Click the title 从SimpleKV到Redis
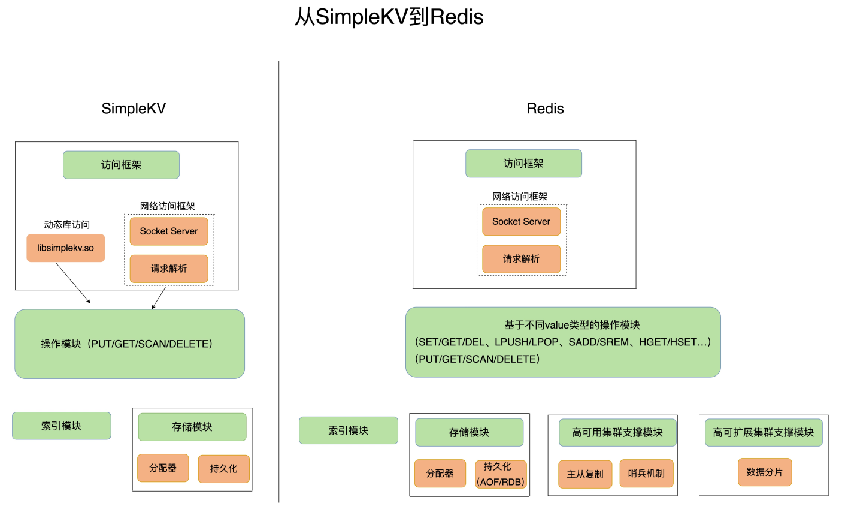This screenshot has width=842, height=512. (x=389, y=17)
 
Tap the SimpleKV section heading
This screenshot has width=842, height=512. (x=134, y=109)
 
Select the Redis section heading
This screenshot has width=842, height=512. (x=545, y=109)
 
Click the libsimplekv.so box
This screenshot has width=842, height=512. (x=65, y=248)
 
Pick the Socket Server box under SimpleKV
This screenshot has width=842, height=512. (x=169, y=231)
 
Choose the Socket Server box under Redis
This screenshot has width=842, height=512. (x=521, y=222)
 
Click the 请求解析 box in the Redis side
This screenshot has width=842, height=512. (x=521, y=259)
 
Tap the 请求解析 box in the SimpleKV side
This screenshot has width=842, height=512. (x=169, y=269)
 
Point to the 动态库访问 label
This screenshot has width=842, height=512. (x=66, y=225)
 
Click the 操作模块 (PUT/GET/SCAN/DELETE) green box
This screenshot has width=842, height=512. (x=129, y=344)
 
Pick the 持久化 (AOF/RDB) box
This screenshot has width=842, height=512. (x=501, y=474)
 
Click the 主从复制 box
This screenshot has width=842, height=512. (x=585, y=474)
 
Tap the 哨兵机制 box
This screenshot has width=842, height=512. (x=646, y=474)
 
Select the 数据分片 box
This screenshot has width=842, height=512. (x=764, y=472)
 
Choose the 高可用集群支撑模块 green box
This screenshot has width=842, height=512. (x=617, y=433)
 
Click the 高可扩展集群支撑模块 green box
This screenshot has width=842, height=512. (x=764, y=433)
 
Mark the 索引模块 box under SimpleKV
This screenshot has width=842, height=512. (x=62, y=426)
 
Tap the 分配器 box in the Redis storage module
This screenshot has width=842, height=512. (x=440, y=474)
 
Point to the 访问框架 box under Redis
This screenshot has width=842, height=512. (x=523, y=164)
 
